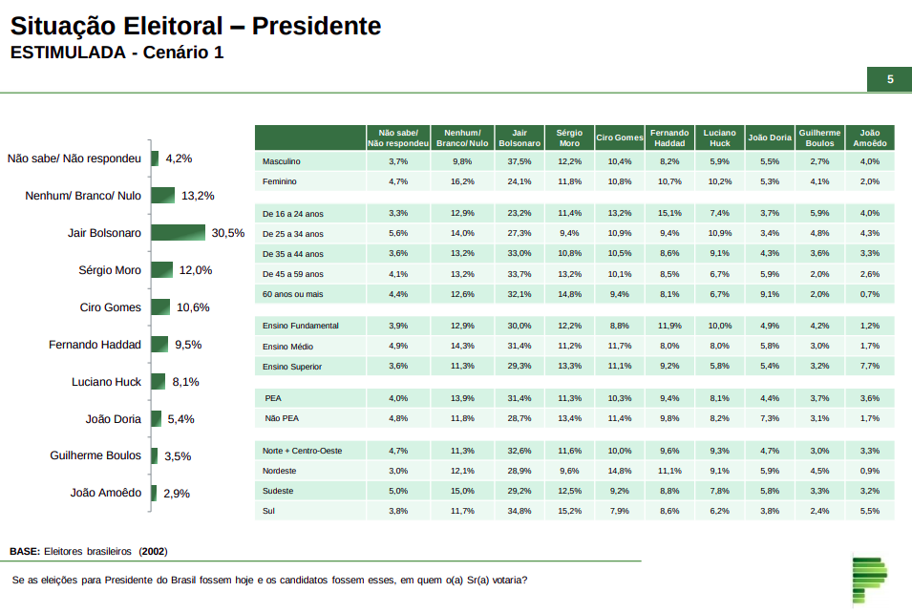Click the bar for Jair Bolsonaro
point(178,233)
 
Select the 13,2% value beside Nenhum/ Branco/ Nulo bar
point(198,196)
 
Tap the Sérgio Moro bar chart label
point(110,270)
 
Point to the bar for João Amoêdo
point(154,494)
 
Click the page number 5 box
point(889,79)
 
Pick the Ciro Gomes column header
point(619,137)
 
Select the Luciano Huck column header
point(719,137)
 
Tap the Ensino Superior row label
point(293,367)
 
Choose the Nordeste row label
point(279,471)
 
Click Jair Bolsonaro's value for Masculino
point(520,161)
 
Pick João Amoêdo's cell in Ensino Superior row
point(869,367)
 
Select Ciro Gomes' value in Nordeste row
point(619,471)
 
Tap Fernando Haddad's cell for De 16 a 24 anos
point(669,213)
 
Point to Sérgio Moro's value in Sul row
point(569,512)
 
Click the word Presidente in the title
point(318,27)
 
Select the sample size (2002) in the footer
point(153,551)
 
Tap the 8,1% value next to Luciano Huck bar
point(185,382)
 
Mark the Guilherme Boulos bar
point(154,456)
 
